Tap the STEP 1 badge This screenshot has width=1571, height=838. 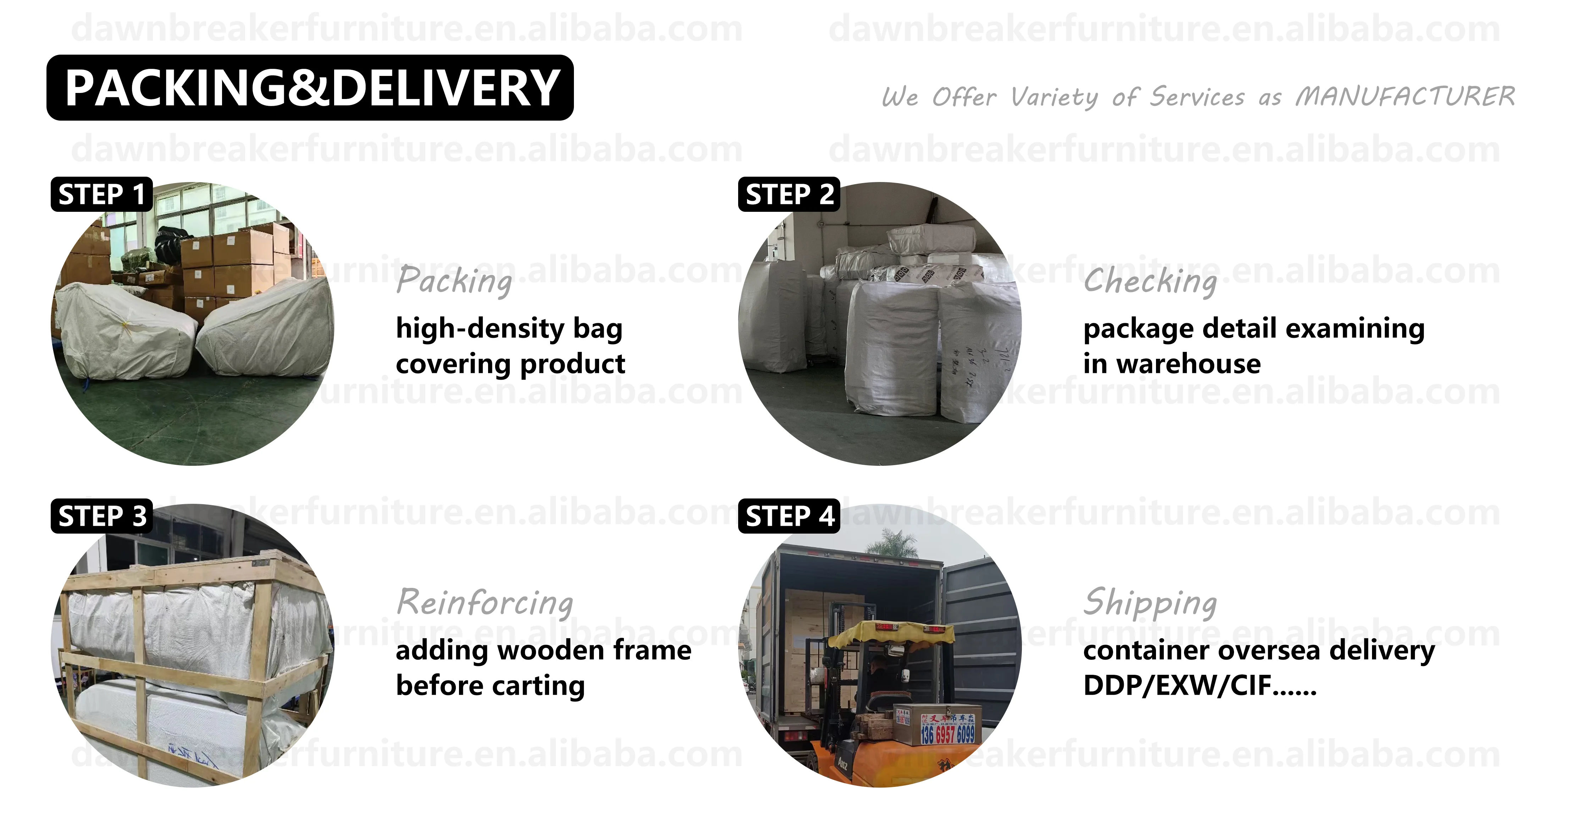pyautogui.click(x=101, y=194)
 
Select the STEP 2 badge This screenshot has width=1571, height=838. pyautogui.click(x=789, y=194)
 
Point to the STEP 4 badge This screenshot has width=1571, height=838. pyautogui.click(x=789, y=516)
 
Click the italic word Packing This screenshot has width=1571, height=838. pyautogui.click(x=454, y=281)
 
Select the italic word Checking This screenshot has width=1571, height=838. pyautogui.click(x=1150, y=281)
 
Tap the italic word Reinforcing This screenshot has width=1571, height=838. pyautogui.click(x=485, y=602)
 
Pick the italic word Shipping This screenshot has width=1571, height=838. pyautogui.click(x=1150, y=602)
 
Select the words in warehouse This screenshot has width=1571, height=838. pyautogui.click(x=1172, y=364)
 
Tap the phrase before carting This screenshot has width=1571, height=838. pyautogui.click(x=490, y=685)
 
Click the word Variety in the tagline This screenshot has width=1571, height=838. pyautogui.click(x=1054, y=97)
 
